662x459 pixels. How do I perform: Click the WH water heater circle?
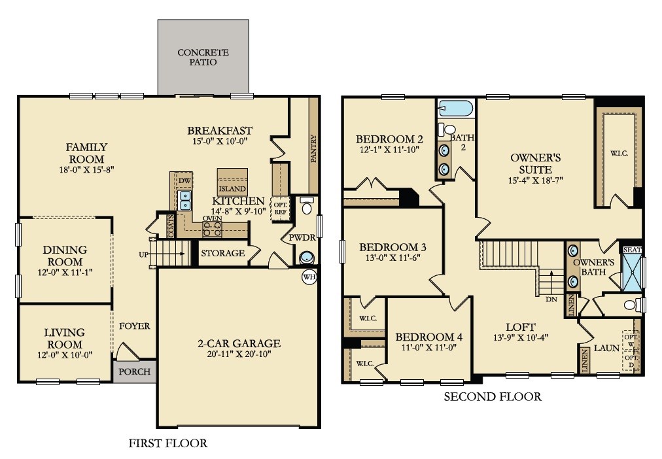309,277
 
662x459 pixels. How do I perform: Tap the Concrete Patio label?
203,58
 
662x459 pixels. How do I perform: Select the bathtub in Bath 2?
455,108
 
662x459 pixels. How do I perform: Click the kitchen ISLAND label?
232,189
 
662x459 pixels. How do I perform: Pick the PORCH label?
135,372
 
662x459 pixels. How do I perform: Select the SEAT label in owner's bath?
633,250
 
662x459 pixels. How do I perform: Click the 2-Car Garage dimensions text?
239,354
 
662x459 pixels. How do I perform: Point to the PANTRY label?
313,147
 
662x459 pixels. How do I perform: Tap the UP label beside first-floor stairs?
143,254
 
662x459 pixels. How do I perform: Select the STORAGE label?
222,253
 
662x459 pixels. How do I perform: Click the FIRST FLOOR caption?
169,443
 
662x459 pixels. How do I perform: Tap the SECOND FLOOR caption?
493,396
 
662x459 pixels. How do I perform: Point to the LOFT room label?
520,327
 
